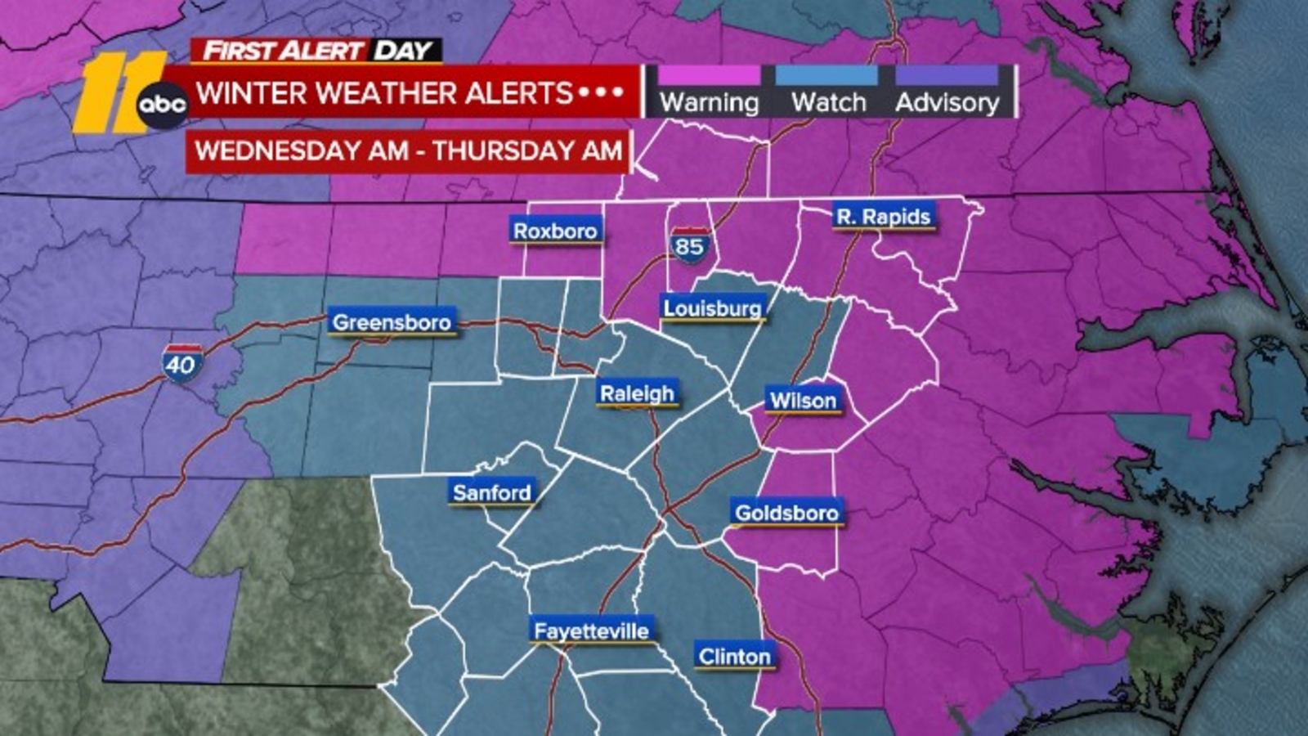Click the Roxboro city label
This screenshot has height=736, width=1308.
(555, 231)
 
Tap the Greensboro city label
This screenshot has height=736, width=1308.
(392, 322)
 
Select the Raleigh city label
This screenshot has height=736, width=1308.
(637, 393)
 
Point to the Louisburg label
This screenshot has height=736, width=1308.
(712, 308)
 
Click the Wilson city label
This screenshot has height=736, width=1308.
(803, 401)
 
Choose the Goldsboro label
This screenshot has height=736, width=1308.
(786, 513)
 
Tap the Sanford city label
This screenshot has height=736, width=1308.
(492, 492)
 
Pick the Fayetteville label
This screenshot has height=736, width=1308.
(591, 631)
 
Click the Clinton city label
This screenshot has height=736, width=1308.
(734, 656)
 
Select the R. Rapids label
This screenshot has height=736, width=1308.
(883, 217)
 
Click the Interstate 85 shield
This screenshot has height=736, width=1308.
(689, 245)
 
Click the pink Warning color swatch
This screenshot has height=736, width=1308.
(709, 76)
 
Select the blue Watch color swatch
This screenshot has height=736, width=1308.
(827, 76)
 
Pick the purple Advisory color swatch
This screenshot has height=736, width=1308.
(947, 76)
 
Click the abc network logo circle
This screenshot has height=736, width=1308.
(161, 105)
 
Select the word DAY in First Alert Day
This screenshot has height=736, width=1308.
(403, 51)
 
